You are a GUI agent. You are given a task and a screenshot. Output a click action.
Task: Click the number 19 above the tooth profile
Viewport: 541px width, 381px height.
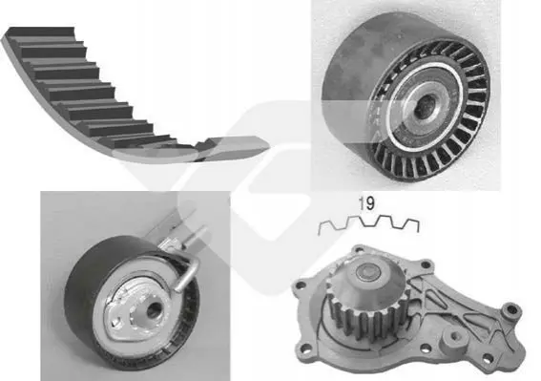(366, 203)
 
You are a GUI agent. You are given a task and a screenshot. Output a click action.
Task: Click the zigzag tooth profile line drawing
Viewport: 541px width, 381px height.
(368, 225)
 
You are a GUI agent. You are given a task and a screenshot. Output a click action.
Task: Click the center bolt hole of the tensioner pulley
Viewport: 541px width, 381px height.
(153, 309)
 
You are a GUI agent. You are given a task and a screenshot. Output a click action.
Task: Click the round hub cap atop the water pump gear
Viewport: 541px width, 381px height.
(368, 273)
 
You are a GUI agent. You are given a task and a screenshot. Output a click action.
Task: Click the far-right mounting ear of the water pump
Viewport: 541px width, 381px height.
(511, 311)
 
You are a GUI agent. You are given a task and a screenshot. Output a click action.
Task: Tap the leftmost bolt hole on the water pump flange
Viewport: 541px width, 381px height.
(299, 285)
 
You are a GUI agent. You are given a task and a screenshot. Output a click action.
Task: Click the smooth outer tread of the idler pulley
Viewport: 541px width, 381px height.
(363, 69)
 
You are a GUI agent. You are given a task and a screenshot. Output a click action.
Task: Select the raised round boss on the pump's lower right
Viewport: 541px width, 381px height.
(455, 338)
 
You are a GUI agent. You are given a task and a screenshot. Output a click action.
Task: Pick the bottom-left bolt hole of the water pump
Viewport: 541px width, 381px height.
(305, 347)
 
